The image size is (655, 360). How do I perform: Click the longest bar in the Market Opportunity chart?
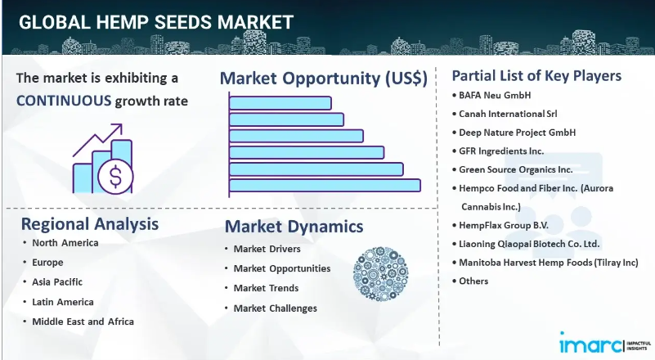(325, 186)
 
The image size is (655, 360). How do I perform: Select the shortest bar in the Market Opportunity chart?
(280, 103)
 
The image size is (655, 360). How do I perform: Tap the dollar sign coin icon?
(116, 176)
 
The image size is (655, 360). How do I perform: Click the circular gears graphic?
(380, 274)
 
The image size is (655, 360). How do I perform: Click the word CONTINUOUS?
(64, 101)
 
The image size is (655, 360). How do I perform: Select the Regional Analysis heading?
(90, 224)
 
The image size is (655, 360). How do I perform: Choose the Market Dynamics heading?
(294, 227)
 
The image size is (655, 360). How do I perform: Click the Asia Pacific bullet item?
(57, 282)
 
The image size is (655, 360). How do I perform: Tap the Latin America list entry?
(63, 302)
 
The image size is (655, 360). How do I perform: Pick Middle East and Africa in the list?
(83, 322)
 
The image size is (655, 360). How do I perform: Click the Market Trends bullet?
(266, 288)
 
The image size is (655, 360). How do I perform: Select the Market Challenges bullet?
(276, 308)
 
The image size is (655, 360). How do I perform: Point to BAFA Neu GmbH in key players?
(495, 96)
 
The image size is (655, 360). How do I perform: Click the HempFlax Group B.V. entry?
(504, 225)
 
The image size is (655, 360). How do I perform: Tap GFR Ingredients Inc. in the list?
(501, 151)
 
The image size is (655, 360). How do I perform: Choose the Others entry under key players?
(473, 281)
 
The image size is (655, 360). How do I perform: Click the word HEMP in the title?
(123, 22)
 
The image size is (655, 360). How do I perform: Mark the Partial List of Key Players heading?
(536, 75)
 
